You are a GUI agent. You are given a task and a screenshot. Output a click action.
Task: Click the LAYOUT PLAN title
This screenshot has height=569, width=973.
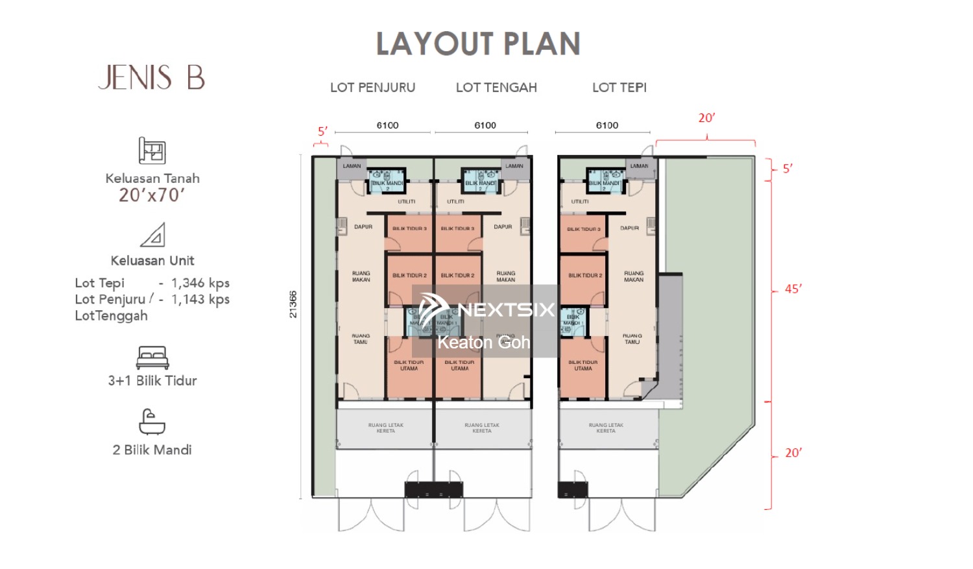coord(478,44)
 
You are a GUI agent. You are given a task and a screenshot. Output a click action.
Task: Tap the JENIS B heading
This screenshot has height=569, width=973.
coord(152,78)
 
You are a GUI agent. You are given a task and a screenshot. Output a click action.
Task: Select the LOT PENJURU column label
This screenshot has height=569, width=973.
coord(372,88)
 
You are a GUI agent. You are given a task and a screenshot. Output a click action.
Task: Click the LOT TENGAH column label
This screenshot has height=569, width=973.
coord(496,88)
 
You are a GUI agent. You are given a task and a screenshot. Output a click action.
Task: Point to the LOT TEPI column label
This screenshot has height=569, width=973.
coord(619,88)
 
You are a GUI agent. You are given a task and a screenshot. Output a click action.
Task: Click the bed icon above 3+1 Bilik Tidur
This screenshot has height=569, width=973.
coord(152,357)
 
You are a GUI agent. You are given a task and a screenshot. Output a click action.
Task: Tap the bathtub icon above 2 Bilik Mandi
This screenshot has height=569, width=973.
coord(152,422)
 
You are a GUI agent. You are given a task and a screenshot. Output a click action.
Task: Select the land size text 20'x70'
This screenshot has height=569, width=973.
coord(152,195)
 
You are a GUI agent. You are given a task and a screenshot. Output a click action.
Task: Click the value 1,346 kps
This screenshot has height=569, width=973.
coord(200,283)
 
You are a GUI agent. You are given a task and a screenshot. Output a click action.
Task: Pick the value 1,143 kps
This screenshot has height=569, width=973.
coord(200,299)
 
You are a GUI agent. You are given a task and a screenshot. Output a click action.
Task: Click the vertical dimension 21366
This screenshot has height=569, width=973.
coord(293,304)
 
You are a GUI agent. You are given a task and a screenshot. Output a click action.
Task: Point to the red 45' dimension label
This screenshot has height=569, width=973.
coord(793,289)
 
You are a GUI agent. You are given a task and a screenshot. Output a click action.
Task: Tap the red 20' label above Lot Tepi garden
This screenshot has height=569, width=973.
coord(706,118)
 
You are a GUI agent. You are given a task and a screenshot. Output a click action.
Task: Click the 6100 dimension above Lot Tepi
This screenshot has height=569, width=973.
coord(607,125)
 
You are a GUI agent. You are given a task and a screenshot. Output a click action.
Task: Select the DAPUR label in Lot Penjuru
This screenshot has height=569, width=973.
coord(363,227)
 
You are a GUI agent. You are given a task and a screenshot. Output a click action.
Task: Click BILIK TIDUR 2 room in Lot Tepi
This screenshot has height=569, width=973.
coord(584,276)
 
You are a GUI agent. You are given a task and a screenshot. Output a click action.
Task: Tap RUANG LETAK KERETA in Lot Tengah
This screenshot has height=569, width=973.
coord(482,428)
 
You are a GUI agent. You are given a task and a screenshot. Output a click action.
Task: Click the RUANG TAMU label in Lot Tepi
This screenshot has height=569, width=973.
coord(632,339)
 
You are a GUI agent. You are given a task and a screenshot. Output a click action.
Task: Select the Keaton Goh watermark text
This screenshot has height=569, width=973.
coord(483,343)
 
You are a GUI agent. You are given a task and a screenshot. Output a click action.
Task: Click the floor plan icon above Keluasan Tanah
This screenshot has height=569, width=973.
coord(152,151)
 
